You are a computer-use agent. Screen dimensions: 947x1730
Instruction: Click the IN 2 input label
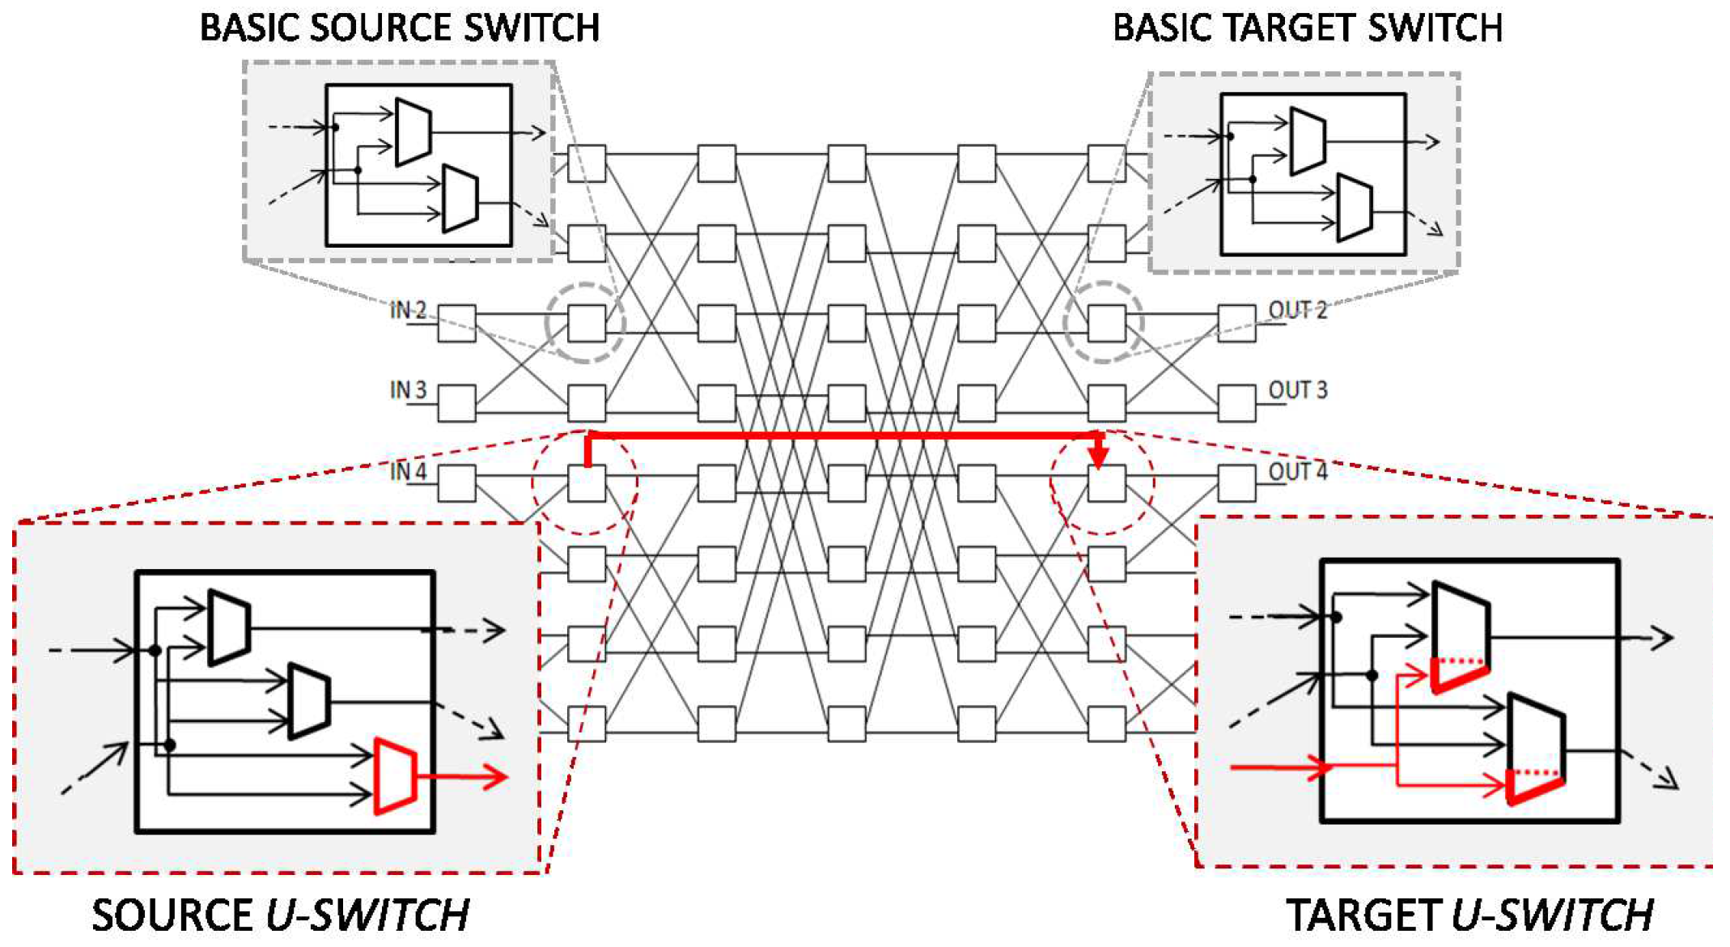coord(408,310)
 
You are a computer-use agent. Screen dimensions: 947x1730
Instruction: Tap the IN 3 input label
coord(408,390)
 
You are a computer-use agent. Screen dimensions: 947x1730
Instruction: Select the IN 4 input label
coord(408,471)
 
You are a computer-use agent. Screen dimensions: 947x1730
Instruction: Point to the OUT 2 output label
coord(1297,310)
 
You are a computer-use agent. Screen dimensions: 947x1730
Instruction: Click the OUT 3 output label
coord(1297,390)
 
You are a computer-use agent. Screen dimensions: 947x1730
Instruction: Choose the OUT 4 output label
coord(1297,471)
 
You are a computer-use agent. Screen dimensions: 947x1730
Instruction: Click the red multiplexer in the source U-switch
coord(396,775)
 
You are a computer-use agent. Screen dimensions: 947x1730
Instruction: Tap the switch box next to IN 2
coord(456,324)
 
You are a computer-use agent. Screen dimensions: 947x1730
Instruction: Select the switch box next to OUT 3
coord(1236,403)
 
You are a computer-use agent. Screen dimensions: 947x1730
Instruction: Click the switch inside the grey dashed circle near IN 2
coord(586,324)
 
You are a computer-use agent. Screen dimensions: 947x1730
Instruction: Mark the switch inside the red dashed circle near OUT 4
coord(1106,484)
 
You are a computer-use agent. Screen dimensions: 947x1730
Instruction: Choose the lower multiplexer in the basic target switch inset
coord(1354,208)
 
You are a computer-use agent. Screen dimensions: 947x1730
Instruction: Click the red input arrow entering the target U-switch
coord(1278,766)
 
